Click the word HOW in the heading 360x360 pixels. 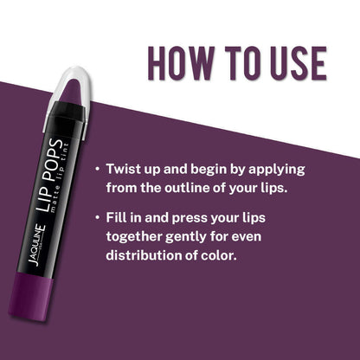pyautogui.click(x=181, y=63)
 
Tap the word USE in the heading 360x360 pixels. pyautogui.click(x=298, y=63)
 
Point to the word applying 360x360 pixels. pyautogui.click(x=277, y=170)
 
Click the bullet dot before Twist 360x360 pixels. pyautogui.click(x=99, y=169)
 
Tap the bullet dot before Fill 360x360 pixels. pyautogui.click(x=99, y=217)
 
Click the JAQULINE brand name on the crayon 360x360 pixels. pyautogui.click(x=36, y=246)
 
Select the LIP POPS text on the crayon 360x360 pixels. pyautogui.click(x=49, y=175)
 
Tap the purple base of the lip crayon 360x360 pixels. pyautogui.click(x=31, y=296)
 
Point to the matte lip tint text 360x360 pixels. pyautogui.click(x=60, y=177)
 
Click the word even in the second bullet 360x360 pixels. pyautogui.click(x=247, y=236)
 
